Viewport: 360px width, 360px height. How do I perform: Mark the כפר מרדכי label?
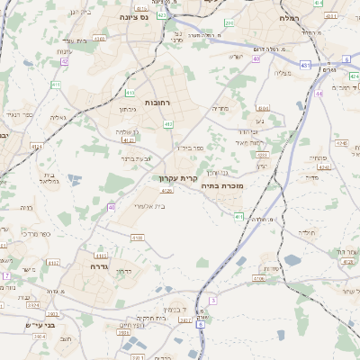37,234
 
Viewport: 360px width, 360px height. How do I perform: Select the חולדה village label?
309,231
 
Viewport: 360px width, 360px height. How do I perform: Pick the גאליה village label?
58,116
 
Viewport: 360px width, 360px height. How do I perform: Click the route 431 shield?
305,65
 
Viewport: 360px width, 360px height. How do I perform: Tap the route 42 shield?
65,61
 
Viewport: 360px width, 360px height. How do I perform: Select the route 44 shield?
319,93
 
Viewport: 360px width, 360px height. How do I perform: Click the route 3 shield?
212,300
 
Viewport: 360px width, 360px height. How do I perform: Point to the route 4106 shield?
258,279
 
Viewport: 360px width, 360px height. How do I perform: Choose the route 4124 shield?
341,142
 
